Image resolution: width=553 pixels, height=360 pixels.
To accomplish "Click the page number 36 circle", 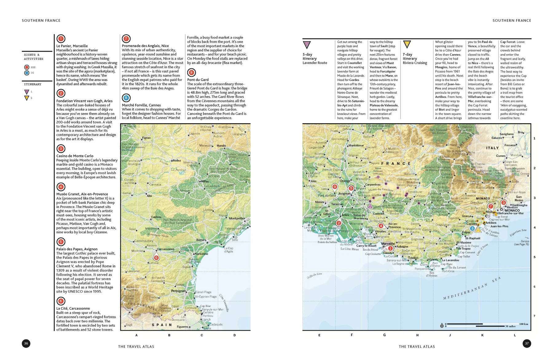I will click(x=26, y=343).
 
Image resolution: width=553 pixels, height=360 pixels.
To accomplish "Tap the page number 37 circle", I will click(x=527, y=343).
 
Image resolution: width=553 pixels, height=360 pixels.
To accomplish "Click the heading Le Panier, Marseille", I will click(x=72, y=46).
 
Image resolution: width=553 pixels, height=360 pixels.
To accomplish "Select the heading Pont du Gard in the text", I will click(x=198, y=80).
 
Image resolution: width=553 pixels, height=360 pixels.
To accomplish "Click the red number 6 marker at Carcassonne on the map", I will click(x=156, y=258).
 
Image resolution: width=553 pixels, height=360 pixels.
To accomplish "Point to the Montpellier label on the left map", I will click(x=237, y=218).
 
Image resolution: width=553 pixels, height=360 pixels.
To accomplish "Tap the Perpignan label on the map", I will click(x=178, y=291).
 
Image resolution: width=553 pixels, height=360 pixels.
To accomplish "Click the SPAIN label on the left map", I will click(x=162, y=325).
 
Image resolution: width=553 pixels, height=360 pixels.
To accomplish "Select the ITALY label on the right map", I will click(x=492, y=148).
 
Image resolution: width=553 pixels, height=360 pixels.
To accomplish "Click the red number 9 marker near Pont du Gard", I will click(x=335, y=186).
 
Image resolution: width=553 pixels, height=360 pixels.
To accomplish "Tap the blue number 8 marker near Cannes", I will click(x=473, y=229).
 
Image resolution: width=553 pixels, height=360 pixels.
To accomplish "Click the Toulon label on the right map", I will click(x=413, y=258).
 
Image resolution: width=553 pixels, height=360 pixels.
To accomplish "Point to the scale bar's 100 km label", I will click(x=524, y=324).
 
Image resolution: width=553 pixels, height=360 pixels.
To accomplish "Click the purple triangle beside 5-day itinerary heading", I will click(x=307, y=45).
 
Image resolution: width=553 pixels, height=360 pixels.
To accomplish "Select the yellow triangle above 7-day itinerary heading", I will click(x=407, y=45).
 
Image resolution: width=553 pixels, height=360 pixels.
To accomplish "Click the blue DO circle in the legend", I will click(x=27, y=73).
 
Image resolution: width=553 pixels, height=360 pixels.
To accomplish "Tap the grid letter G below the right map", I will click(x=384, y=335).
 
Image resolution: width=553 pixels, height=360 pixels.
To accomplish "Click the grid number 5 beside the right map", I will click(x=534, y=257).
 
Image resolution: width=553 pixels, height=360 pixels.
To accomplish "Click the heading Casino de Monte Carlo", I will click(x=75, y=156).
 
